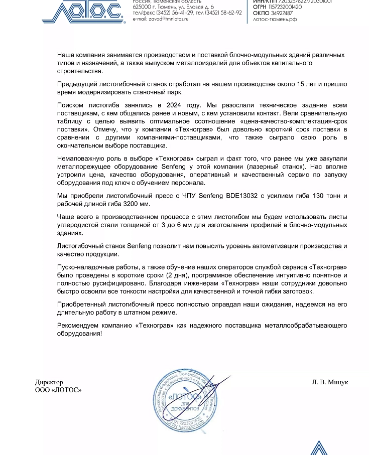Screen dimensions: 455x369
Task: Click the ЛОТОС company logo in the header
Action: pos(83,12)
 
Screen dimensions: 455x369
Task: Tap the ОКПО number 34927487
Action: pos(282,13)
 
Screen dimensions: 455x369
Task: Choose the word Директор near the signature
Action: pos(49,382)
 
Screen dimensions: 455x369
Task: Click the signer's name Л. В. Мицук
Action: pos(330,382)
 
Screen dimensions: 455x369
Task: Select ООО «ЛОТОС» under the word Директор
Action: pos(58,390)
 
